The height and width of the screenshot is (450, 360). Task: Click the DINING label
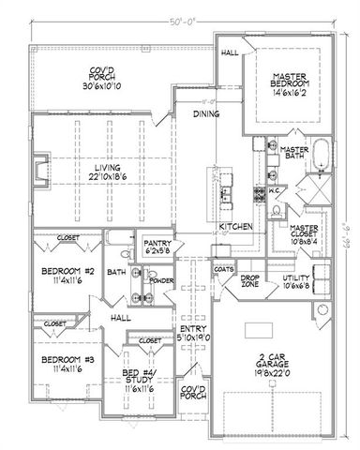(x=206, y=114)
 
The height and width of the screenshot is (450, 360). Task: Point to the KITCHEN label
(x=234, y=227)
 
